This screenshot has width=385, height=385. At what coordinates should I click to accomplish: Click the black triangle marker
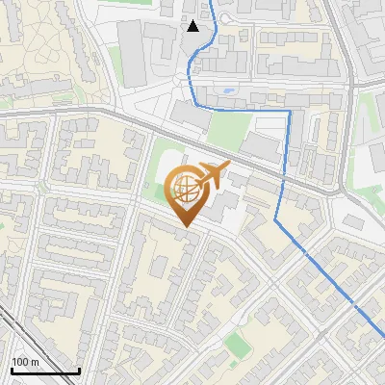pos(193,26)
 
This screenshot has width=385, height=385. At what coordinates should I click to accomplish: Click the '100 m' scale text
pos(25,362)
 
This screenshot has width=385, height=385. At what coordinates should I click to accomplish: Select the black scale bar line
pos(45,371)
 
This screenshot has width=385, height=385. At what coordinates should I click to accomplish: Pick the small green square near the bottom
pos(234,342)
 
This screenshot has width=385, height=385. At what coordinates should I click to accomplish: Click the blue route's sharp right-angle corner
pos(288,112)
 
